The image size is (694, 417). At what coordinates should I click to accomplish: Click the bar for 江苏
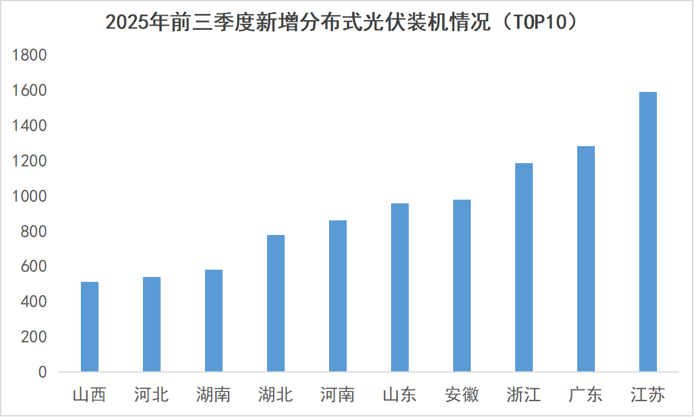click(x=648, y=231)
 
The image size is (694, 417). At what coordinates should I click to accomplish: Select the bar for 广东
click(x=586, y=259)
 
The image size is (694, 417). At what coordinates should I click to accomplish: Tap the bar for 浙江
click(x=524, y=267)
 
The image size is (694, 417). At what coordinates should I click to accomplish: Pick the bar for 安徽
click(x=462, y=286)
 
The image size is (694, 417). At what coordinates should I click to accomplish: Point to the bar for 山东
click(x=400, y=287)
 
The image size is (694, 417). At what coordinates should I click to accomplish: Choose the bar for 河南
click(x=338, y=296)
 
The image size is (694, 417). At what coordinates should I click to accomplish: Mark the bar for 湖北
click(x=276, y=303)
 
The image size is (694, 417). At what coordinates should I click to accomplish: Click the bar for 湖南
click(x=213, y=320)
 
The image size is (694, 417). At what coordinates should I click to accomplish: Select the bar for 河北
click(x=151, y=324)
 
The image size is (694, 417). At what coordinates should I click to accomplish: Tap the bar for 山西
click(x=89, y=326)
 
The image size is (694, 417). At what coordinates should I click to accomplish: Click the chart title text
click(x=341, y=23)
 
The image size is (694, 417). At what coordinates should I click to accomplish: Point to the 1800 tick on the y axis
click(x=29, y=55)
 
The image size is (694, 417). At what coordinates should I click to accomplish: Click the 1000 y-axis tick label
click(x=29, y=197)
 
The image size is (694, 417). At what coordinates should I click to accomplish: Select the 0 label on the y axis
click(x=42, y=372)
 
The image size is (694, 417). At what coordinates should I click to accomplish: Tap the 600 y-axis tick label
click(x=33, y=267)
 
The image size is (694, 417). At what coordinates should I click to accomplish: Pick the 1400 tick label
click(x=29, y=126)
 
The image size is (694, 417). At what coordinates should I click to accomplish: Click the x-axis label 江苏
click(x=648, y=395)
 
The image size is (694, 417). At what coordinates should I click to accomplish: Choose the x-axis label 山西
click(x=89, y=395)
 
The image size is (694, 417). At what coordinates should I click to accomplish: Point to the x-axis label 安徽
click(x=462, y=395)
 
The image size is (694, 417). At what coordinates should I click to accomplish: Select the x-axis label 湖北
click(x=276, y=395)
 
